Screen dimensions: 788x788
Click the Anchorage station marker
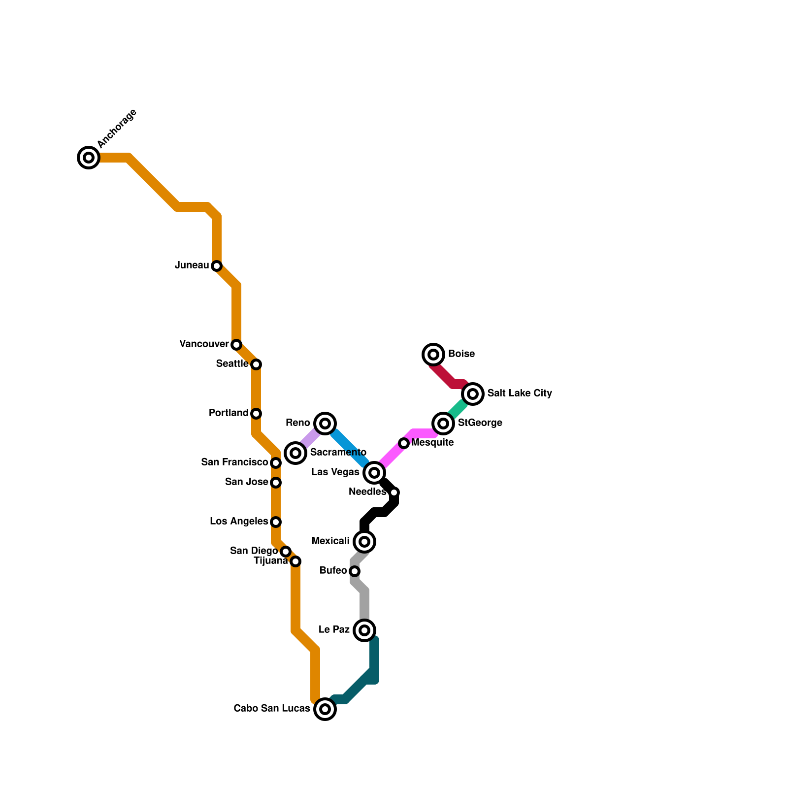click(89, 158)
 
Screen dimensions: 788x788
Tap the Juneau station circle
click(217, 266)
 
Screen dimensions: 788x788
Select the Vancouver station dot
click(236, 345)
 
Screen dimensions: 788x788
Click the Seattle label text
click(232, 364)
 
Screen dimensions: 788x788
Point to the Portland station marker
click(256, 414)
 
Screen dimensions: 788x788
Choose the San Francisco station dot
click(276, 463)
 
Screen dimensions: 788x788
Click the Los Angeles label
click(239, 522)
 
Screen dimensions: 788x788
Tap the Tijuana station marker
click(295, 561)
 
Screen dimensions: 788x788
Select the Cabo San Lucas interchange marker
click(325, 709)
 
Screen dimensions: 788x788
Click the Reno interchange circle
click(325, 424)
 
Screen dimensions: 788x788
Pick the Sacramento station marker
click(295, 453)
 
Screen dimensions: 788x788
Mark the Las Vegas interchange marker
click(374, 473)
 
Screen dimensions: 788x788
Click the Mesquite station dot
click(404, 443)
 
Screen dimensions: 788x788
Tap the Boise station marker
click(433, 355)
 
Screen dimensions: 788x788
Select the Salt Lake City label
click(520, 394)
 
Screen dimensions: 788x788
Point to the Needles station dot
click(394, 492)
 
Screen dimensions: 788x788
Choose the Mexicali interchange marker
click(364, 542)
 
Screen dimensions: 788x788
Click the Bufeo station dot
click(355, 571)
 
